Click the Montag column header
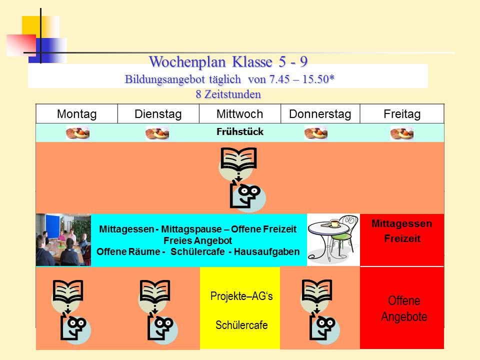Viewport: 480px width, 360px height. [x=77, y=114]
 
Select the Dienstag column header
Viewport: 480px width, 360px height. [x=158, y=114]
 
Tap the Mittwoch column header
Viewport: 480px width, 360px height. [x=239, y=114]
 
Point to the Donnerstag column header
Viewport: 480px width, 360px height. [x=320, y=114]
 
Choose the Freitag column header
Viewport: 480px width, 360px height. [x=402, y=114]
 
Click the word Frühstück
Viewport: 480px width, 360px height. [x=240, y=131]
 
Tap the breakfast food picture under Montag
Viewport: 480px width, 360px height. [x=78, y=133]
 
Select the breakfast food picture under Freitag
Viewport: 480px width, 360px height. [x=402, y=133]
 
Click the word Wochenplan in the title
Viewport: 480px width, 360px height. [x=187, y=62]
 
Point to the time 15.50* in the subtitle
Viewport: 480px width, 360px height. [x=318, y=79]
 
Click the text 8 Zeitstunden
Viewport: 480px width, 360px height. [x=228, y=94]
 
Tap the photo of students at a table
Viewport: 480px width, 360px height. [x=63, y=239]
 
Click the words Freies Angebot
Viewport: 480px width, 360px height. [x=198, y=240]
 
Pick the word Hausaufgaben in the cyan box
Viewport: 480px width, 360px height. [x=266, y=251]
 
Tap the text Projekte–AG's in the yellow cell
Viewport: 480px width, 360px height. [x=241, y=296]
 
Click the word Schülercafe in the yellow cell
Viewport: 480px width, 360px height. [x=241, y=325]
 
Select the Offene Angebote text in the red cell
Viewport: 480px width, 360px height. [x=404, y=308]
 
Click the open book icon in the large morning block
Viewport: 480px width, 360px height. [x=239, y=158]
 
